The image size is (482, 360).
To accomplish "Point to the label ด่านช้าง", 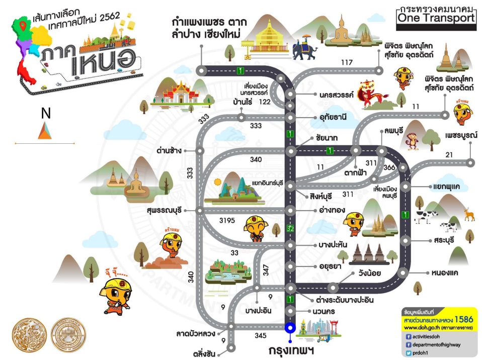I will (169, 150).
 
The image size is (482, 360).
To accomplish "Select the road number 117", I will (347, 63).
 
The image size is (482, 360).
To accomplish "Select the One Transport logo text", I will (436, 18).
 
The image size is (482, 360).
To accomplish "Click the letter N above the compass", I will (46, 114).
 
